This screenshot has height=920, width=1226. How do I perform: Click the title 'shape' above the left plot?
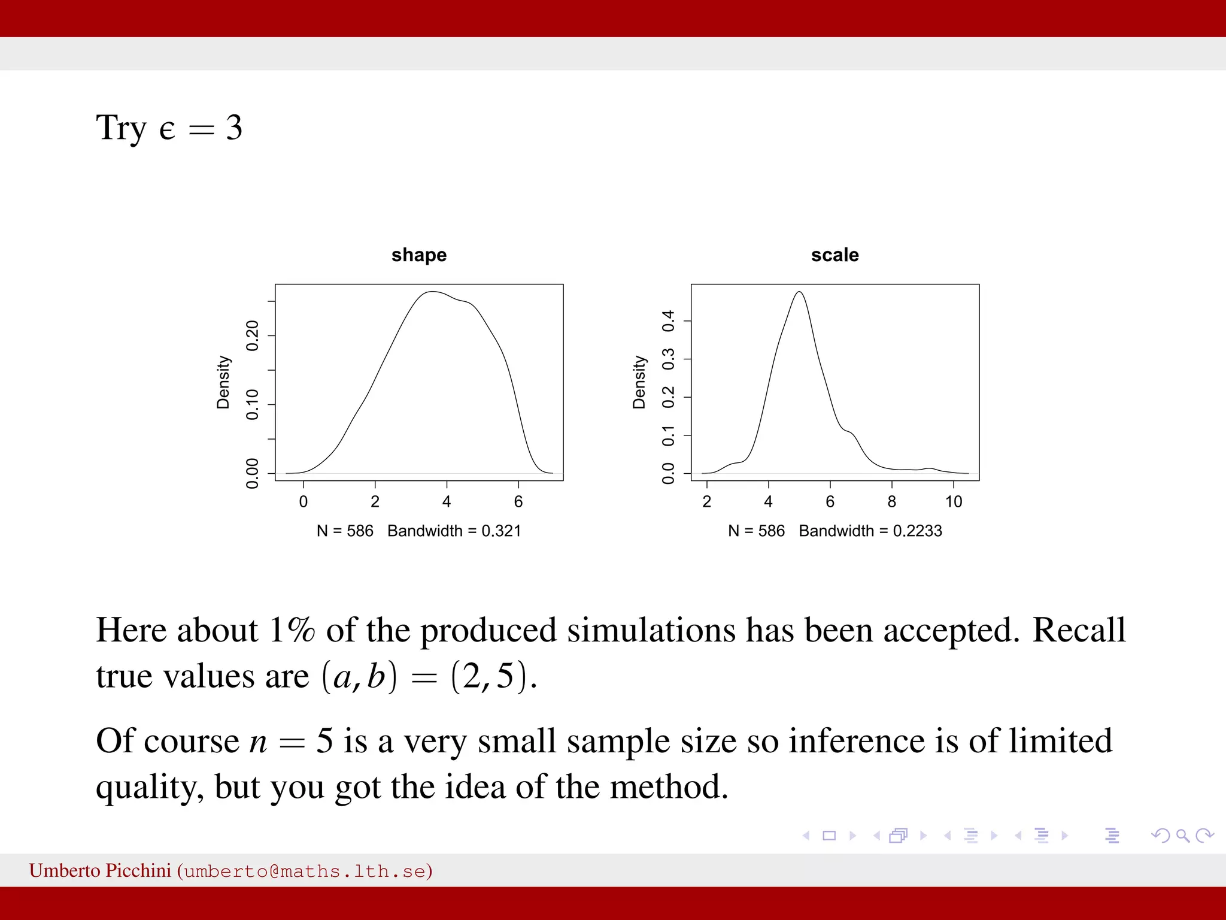(419, 255)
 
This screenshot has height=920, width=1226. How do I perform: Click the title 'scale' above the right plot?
(834, 255)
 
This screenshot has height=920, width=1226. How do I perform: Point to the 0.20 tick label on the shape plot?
(253, 335)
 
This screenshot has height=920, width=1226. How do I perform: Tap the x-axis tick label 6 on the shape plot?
(518, 502)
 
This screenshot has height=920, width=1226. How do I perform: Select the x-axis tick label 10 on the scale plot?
(954, 502)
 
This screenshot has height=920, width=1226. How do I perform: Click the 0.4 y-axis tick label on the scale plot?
(669, 321)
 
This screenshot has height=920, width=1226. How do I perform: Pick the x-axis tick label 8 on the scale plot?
(892, 502)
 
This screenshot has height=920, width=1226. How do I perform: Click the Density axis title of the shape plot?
(223, 382)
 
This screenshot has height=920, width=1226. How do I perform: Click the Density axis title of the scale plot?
(639, 382)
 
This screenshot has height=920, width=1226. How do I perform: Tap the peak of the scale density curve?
(800, 292)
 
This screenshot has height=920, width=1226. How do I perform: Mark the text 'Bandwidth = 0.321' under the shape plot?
(454, 531)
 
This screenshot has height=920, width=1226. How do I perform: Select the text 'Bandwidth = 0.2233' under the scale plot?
(870, 531)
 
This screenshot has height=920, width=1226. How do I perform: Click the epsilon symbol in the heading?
(167, 130)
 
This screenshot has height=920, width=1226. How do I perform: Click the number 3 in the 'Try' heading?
(234, 128)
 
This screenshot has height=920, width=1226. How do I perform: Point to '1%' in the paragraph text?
(292, 630)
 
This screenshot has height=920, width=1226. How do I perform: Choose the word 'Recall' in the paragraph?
(1079, 630)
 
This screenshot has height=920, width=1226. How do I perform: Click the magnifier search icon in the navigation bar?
(1183, 836)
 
